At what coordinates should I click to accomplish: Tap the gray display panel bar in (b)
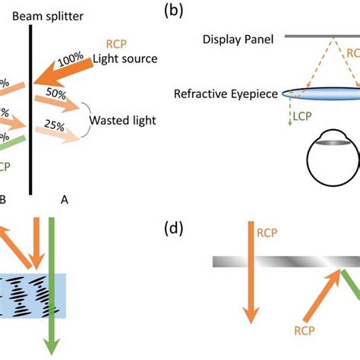pos(320,35)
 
